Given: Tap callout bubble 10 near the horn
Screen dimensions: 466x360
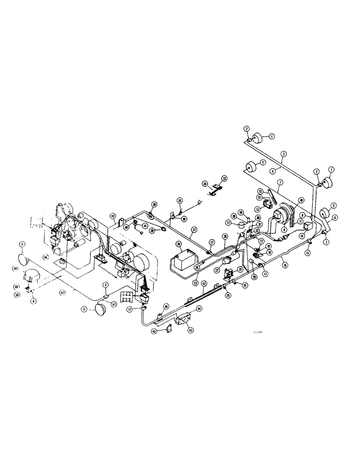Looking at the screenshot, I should click(302, 200).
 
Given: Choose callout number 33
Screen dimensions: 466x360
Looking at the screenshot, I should click(225, 178).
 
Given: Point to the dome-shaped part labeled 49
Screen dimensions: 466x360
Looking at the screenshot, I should click(32, 275).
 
